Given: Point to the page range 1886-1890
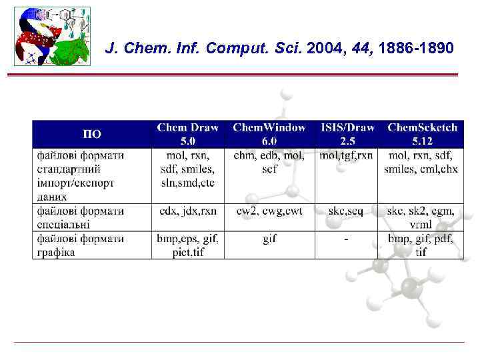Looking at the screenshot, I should (416, 49).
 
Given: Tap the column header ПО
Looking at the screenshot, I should (92, 134).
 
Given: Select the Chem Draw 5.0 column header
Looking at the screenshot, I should (187, 134).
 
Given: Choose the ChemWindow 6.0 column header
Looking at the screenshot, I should (269, 134).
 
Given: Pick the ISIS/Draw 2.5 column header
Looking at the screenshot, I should (347, 134).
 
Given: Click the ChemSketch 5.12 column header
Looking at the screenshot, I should (422, 134).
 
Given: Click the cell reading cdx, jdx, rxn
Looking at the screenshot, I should (188, 211).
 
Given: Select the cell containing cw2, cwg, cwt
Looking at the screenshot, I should (269, 211).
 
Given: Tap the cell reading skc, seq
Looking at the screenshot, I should (346, 211).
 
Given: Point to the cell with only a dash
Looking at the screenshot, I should (346, 239).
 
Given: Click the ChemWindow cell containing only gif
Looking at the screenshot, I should (269, 239).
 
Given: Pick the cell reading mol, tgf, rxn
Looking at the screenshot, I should (347, 156).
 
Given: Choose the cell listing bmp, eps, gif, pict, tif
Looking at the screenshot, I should (188, 245).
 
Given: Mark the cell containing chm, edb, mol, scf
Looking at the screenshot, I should (269, 163).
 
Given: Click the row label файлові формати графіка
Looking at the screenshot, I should (81, 245).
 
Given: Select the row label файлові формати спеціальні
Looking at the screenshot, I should (81, 217).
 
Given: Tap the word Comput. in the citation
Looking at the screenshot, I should (257, 49).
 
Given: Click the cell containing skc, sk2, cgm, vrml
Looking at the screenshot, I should (421, 217).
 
